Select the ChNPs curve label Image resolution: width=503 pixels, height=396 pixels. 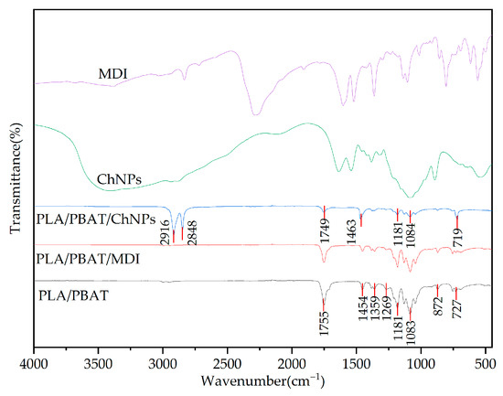tap(118, 177)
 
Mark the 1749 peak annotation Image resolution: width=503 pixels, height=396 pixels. tap(323, 231)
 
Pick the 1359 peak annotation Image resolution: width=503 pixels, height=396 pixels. tap(375, 308)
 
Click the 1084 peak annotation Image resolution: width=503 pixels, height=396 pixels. tap(411, 231)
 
